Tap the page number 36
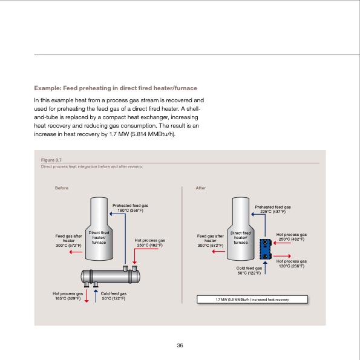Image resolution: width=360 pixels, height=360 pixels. (x=180, y=345)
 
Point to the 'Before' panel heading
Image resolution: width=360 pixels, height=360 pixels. (x=61, y=189)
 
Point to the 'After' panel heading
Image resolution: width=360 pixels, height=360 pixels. (x=202, y=189)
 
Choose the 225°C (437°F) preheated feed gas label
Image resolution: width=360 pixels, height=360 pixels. (x=273, y=209)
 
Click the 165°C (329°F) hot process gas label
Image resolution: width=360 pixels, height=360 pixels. (x=67, y=296)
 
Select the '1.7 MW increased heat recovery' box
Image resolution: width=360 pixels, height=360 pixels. (x=253, y=299)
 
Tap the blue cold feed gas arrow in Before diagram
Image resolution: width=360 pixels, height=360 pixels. (x=96, y=295)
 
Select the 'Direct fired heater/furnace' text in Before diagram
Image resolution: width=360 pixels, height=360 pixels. (x=99, y=237)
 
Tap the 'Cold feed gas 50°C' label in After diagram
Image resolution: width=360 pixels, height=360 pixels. (x=249, y=270)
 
